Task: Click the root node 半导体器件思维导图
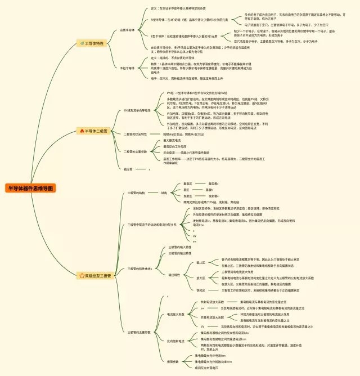pos(31,188)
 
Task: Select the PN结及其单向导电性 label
pos(137,111)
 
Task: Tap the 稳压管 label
pos(128,168)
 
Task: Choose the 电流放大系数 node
pos(175,314)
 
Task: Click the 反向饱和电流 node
pos(177,341)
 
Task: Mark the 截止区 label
pos(201,262)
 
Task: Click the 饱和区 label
pos(201,290)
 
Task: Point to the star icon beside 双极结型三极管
pos(82,276)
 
